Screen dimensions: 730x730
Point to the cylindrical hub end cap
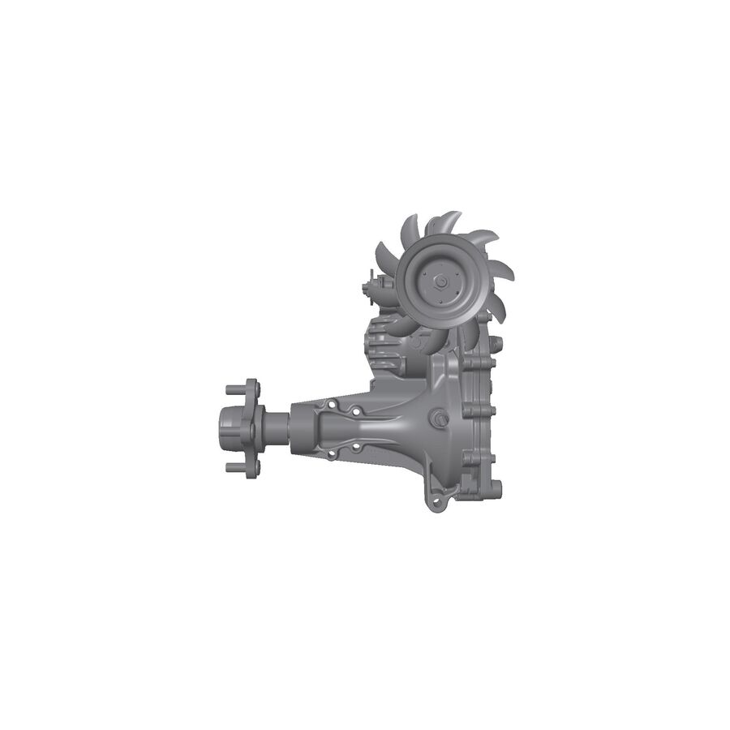coord(229,425)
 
